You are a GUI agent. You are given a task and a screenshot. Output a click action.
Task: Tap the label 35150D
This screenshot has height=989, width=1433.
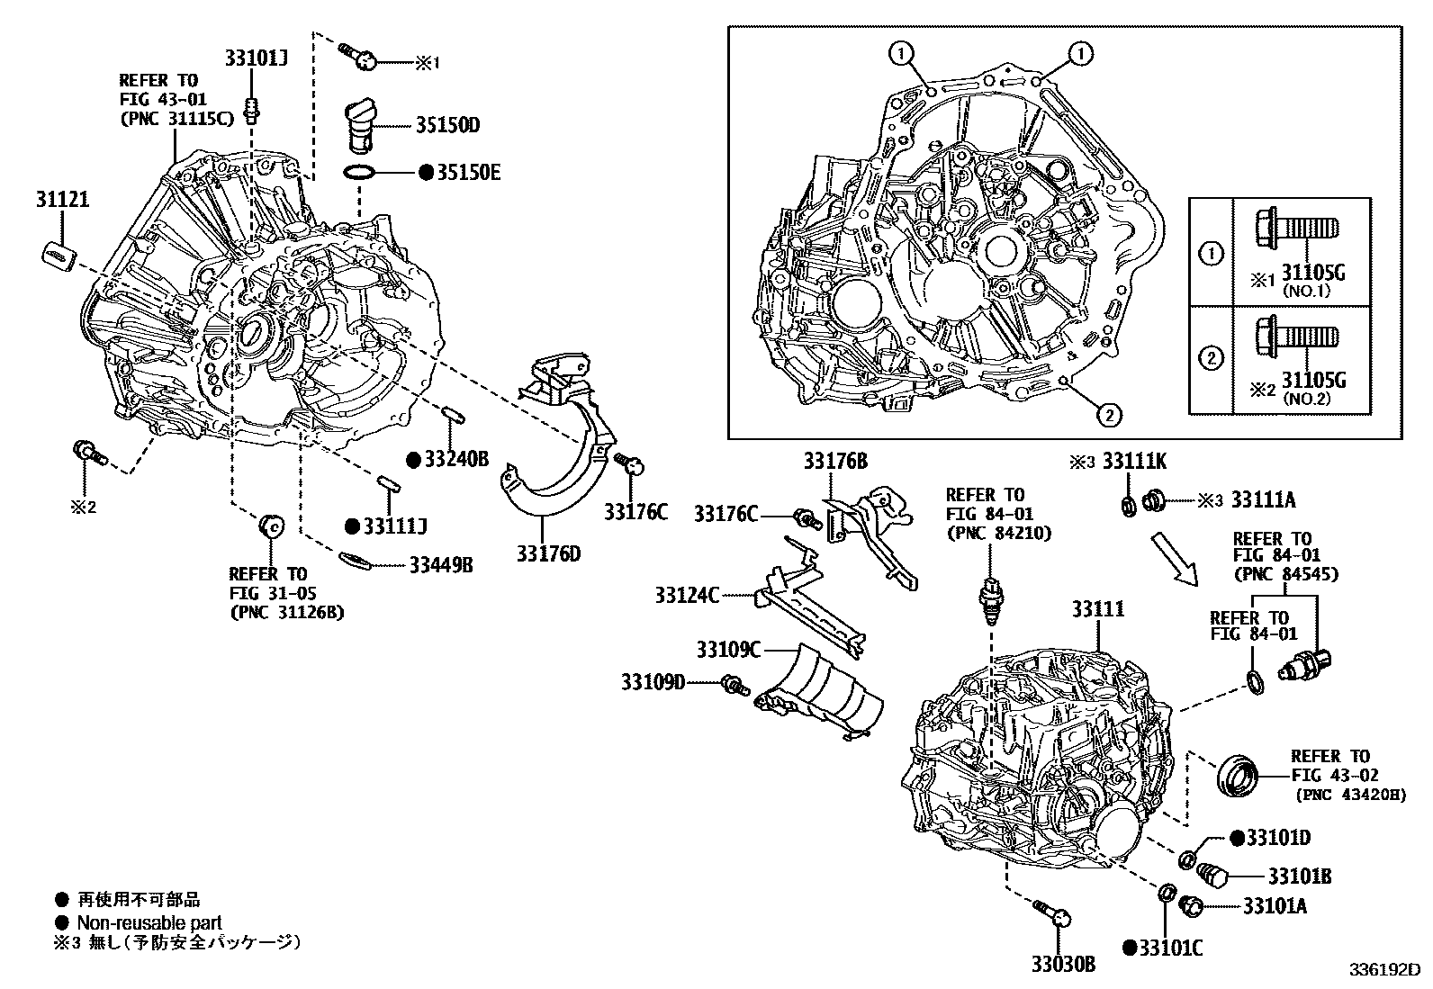(x=446, y=125)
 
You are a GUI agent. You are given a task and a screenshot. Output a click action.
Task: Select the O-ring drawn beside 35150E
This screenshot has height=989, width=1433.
(x=362, y=172)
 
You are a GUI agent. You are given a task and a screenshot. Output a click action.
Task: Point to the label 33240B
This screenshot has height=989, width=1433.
(x=455, y=459)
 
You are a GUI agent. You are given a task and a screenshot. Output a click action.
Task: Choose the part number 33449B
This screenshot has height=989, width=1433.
(x=440, y=565)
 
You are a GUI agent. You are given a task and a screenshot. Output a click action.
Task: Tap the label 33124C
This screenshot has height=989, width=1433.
(x=688, y=595)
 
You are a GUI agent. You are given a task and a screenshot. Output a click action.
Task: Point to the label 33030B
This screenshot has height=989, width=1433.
(x=1063, y=965)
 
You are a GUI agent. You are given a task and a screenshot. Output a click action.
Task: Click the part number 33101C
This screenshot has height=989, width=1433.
(x=1170, y=947)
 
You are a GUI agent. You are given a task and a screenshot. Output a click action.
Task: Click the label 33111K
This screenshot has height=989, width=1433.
(x=1134, y=462)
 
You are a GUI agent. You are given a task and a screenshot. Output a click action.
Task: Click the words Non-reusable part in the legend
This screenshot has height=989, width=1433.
(x=149, y=922)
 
